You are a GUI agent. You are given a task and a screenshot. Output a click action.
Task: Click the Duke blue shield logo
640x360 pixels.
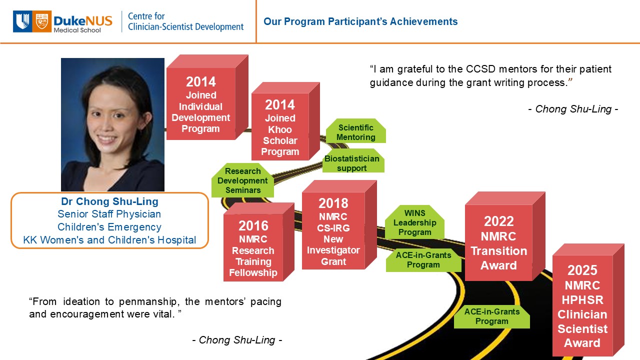click(22, 21)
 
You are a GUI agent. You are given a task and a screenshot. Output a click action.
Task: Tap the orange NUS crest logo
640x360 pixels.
click(41, 21)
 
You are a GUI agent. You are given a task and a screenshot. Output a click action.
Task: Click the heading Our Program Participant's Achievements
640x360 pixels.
click(360, 21)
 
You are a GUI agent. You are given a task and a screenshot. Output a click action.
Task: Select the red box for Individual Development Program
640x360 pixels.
click(207, 97)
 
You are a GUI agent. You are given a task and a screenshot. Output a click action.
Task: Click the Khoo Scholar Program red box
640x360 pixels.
click(285, 121)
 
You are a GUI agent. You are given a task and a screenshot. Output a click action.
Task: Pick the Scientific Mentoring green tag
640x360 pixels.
click(355, 131)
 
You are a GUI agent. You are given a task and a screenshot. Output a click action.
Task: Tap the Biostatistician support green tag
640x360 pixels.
click(353, 160)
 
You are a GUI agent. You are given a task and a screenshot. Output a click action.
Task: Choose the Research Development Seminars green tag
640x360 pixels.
click(242, 180)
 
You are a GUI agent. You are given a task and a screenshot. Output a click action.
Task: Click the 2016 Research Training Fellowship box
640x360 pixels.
click(258, 242)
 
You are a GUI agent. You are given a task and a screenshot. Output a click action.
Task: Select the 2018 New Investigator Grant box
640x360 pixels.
click(339, 225)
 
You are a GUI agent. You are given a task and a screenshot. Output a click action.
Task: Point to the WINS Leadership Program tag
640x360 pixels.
click(414, 222)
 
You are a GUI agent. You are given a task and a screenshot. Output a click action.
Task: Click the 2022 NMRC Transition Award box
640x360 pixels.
click(505, 236)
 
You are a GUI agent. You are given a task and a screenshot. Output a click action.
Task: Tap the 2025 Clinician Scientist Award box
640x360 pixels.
click(588, 300)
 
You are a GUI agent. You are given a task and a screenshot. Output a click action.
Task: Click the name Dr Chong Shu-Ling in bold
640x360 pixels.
click(109, 201)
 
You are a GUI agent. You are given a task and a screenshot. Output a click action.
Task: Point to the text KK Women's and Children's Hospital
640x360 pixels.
click(109, 240)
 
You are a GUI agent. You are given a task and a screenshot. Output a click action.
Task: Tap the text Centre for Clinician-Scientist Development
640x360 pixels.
click(185, 21)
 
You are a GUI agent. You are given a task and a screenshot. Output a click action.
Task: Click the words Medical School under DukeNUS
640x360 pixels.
click(77, 30)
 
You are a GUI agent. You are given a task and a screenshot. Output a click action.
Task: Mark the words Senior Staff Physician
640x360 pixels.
click(109, 214)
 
